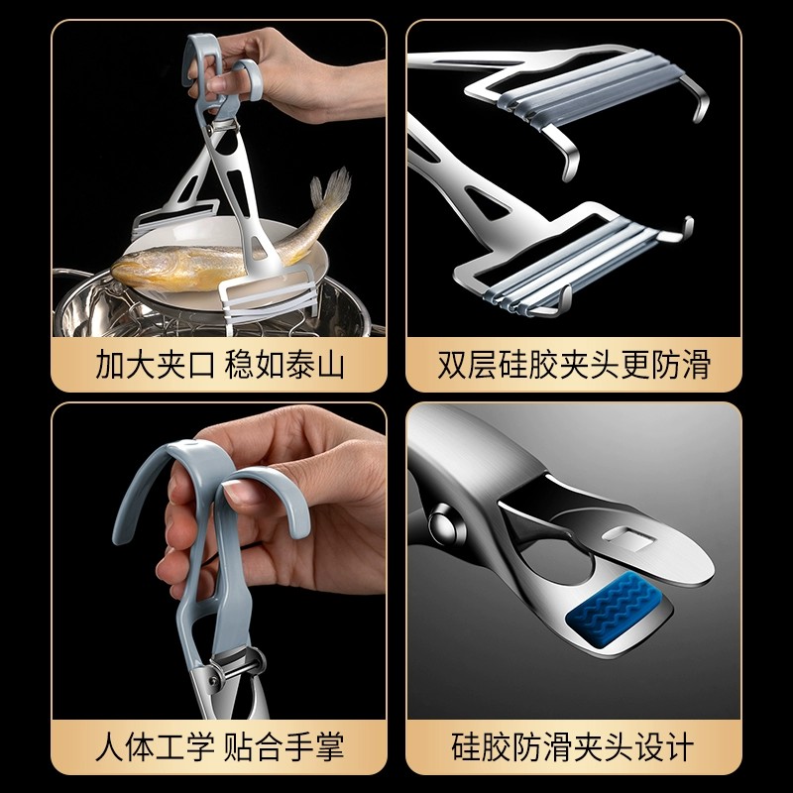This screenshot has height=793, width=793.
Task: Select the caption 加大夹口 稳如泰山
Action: (219, 364)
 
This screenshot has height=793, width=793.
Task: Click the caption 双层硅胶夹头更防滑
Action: (574, 364)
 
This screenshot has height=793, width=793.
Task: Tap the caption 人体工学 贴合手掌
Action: (219, 746)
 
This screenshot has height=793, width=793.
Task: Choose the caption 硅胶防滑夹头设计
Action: (573, 746)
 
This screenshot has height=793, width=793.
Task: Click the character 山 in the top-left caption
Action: (330, 364)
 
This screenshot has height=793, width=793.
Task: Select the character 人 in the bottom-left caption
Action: (109, 746)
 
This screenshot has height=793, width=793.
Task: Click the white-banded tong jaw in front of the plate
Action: (271, 298)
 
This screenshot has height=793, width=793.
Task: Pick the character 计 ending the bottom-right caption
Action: (680, 746)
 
